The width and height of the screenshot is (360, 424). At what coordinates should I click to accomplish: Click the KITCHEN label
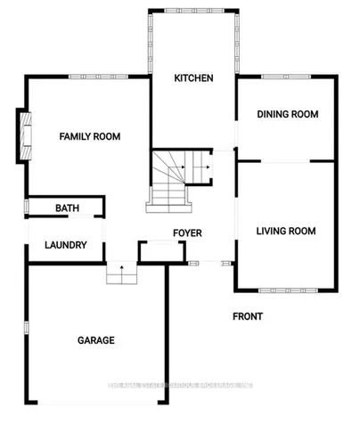pyautogui.click(x=193, y=78)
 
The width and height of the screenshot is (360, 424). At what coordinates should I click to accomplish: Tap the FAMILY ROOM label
pyautogui.click(x=89, y=136)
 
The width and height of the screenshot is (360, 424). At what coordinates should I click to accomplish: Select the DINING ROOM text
pyautogui.click(x=287, y=114)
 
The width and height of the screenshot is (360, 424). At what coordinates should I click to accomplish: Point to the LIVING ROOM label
pyautogui.click(x=286, y=232)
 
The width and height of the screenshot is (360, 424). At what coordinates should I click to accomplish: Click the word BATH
pyautogui.click(x=67, y=208)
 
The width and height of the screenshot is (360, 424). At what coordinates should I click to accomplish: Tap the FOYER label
pyautogui.click(x=187, y=233)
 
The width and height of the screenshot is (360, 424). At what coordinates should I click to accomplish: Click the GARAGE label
pyautogui.click(x=95, y=340)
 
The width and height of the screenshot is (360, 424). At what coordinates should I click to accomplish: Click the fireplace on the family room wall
pyautogui.click(x=23, y=136)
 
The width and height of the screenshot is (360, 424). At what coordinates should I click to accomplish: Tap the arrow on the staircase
pyautogui.click(x=206, y=165)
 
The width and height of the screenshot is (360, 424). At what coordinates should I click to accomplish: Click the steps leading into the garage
pyautogui.click(x=119, y=274)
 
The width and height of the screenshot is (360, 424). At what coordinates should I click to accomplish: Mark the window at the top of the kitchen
pyautogui.click(x=192, y=11)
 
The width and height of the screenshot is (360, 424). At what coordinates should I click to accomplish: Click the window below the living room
pyautogui.click(x=285, y=289)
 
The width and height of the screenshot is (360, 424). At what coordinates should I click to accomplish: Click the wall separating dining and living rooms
pyautogui.click(x=287, y=161)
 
